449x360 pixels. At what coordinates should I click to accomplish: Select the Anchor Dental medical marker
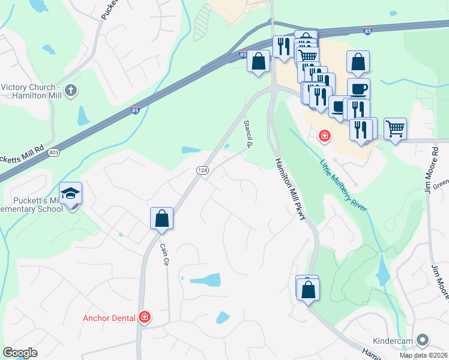[144, 317]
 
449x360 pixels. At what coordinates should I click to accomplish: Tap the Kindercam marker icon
[424, 340]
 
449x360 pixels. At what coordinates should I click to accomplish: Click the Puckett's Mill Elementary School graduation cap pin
[70, 194]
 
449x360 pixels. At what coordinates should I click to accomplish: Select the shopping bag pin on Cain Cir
[162, 218]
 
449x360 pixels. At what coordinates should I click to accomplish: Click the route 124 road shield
[203, 171]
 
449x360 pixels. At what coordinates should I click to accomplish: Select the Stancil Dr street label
[247, 134]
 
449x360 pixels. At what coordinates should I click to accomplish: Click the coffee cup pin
[358, 89]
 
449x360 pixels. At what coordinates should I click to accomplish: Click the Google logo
[20, 352]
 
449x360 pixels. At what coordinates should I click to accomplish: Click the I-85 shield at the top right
[367, 29]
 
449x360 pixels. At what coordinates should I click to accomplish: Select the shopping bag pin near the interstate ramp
[258, 62]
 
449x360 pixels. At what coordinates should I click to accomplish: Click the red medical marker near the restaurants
[325, 137]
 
